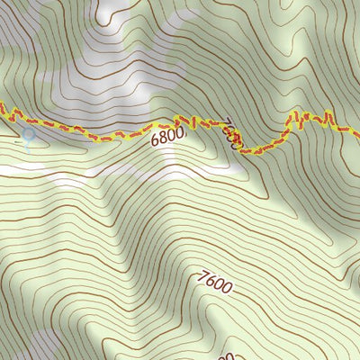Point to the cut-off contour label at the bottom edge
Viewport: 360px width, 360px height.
tap(225, 355)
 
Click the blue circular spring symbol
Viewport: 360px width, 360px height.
tap(29, 135)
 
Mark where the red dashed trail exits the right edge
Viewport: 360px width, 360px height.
tap(357, 134)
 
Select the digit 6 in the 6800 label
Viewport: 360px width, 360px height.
tap(155, 142)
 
